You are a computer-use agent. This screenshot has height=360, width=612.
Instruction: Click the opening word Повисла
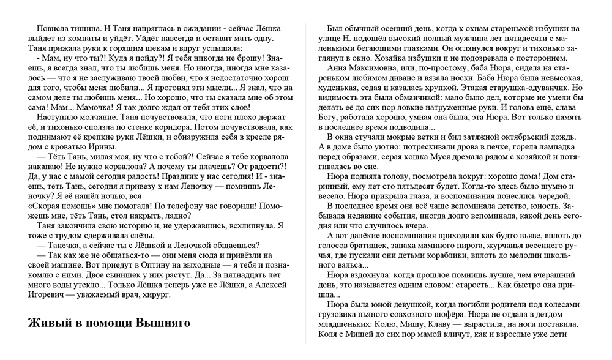click(x=53, y=29)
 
